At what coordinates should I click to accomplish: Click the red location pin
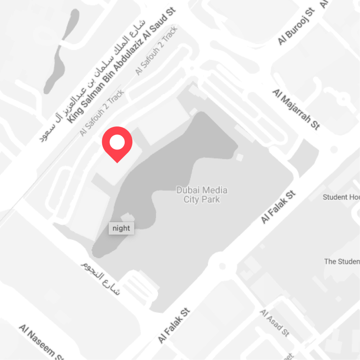(117, 143)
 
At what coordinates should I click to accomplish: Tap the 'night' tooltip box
(121, 228)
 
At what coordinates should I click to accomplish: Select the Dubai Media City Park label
(202, 194)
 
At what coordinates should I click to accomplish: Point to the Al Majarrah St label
(296, 109)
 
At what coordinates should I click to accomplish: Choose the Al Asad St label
(274, 323)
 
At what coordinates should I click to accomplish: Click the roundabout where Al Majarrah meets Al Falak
(333, 148)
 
